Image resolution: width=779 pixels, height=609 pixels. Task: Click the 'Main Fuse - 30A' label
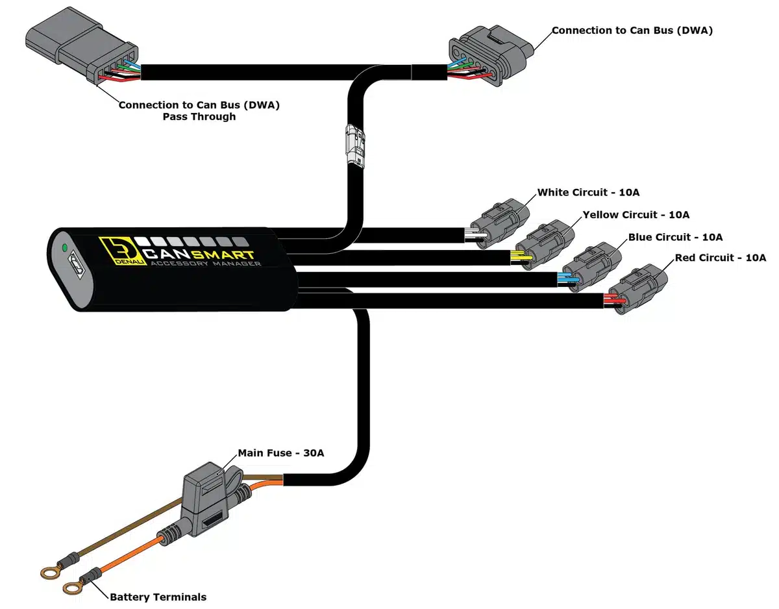point(280,453)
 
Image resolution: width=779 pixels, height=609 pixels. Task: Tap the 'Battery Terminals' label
point(158,597)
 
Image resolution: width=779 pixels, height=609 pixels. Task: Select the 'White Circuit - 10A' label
point(588,193)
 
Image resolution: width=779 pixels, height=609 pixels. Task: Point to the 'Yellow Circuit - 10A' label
point(636,215)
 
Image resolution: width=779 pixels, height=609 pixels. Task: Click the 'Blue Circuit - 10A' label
point(675,238)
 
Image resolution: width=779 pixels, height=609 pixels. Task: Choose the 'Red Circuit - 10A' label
point(720,258)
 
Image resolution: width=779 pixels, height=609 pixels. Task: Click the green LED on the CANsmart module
point(64,247)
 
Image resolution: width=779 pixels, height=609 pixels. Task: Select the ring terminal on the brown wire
point(48,571)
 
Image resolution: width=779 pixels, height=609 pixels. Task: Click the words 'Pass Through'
point(199,118)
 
